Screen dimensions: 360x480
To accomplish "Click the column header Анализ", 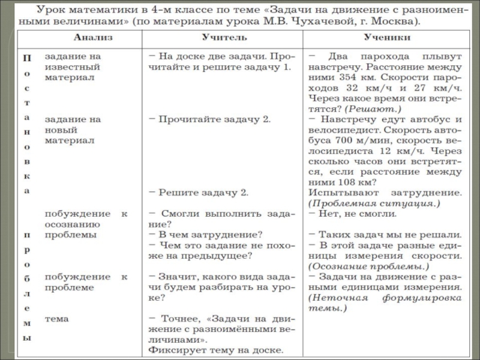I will coord(89,38).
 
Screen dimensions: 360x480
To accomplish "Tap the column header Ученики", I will coord(387,38).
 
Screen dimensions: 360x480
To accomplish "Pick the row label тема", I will coord(57,319).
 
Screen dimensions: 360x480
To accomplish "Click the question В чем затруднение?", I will coord(209,234).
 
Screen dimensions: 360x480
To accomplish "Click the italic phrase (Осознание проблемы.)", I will coord(369,266).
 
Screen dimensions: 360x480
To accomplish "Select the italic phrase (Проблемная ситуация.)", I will coord(375,203).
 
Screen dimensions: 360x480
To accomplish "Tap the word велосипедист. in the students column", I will coord(340,129).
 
